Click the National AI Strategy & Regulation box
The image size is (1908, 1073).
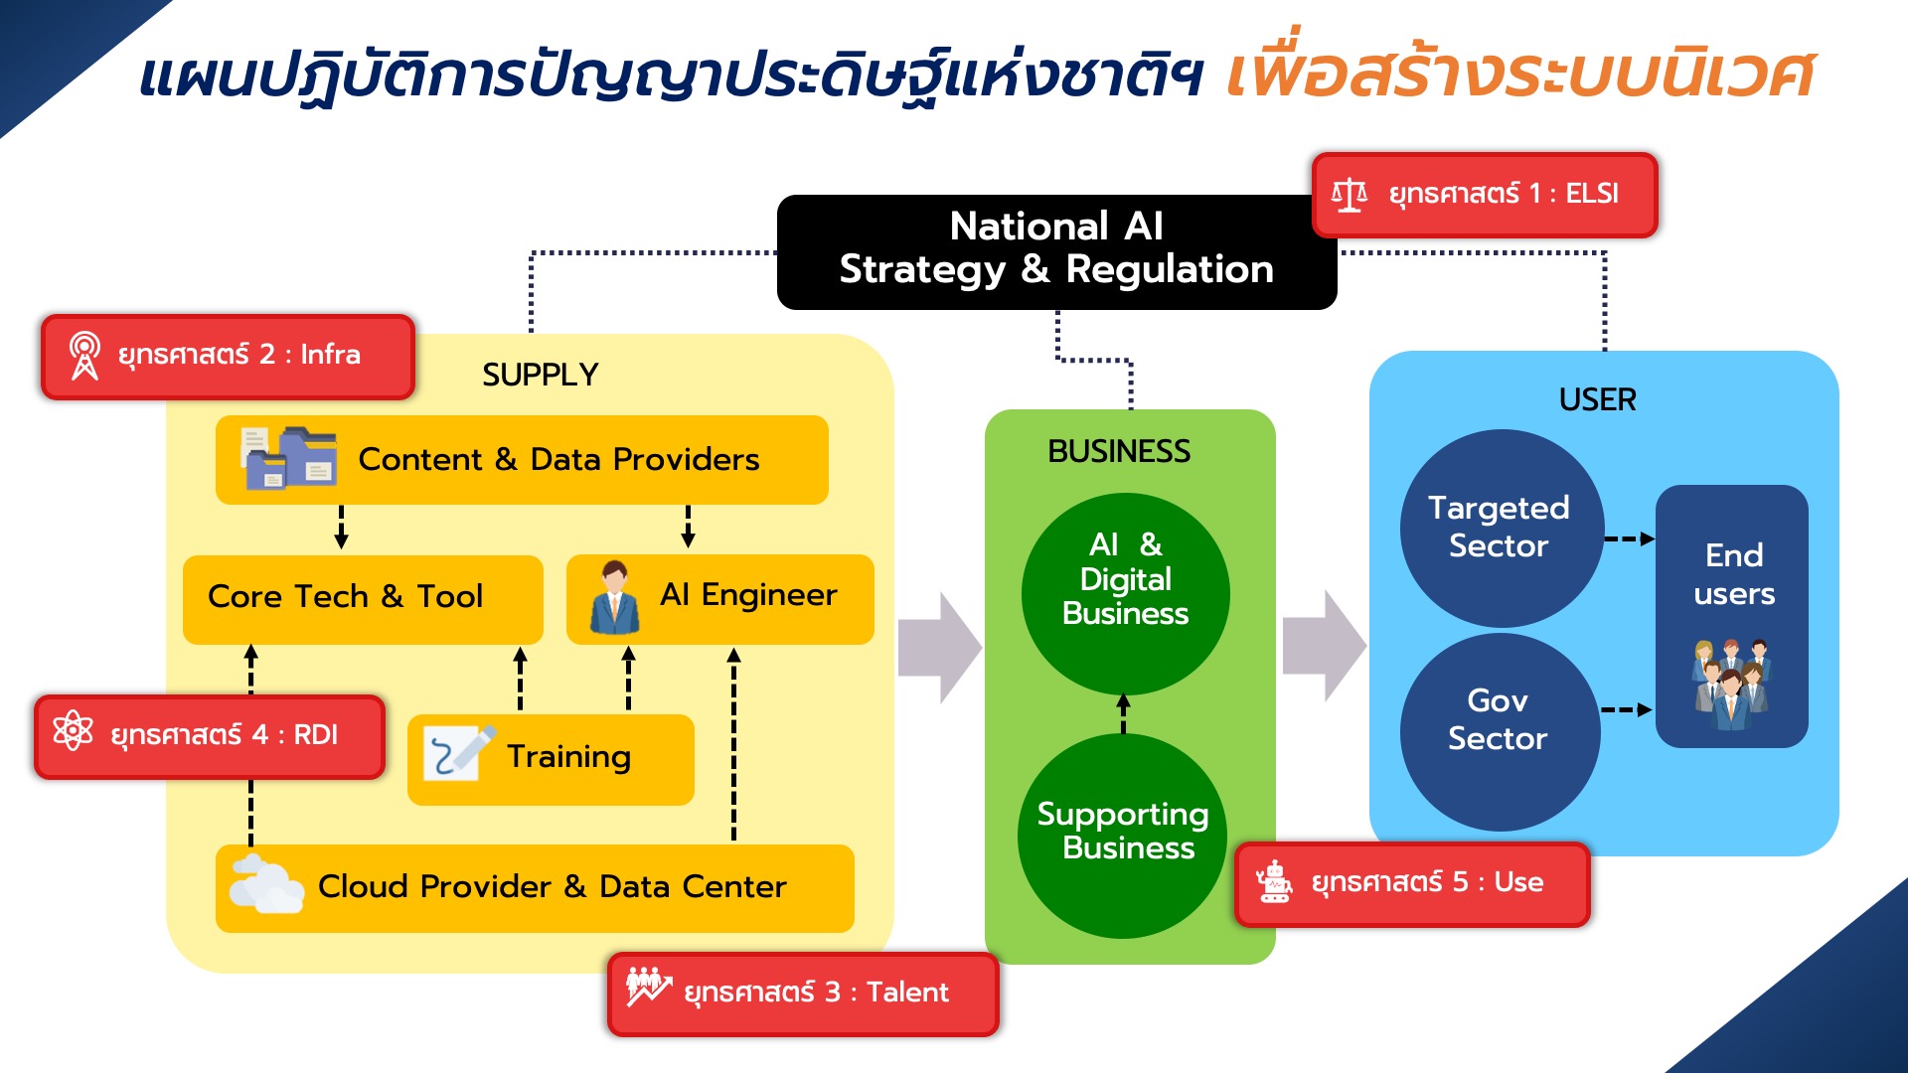coord(1056,251)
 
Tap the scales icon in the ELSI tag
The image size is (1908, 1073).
coord(1349,195)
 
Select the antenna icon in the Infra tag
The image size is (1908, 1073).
coord(84,356)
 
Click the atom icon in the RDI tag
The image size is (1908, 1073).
coord(73,731)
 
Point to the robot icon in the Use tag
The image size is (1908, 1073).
coord(1273,881)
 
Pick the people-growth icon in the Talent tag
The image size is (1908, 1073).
coord(649,987)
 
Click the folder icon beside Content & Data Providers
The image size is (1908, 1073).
coord(289,458)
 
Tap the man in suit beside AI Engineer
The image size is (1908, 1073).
coord(614,598)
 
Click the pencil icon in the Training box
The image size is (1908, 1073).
coord(459,753)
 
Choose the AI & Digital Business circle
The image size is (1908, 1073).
coord(1125,594)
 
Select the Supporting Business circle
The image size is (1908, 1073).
coord(1123,835)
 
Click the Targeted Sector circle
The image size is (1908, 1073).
coord(1502,528)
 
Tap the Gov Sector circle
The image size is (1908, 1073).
coord(1500,732)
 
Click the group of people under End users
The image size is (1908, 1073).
coord(1732,685)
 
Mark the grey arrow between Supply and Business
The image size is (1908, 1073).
coord(940,649)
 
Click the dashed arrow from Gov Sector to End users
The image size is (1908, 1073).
coord(1627,710)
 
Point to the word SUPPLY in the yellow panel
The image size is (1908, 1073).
coord(540,375)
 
